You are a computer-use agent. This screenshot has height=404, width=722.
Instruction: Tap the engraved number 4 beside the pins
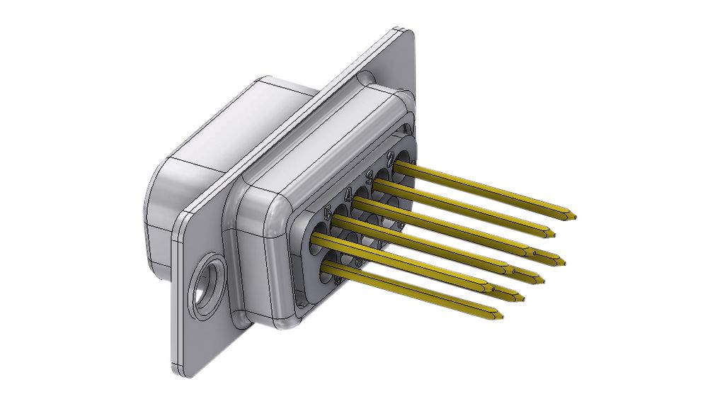tap(348, 193)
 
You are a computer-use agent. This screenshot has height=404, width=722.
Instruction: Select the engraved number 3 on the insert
tap(369, 175)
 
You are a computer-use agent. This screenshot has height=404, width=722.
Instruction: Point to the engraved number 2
tap(391, 157)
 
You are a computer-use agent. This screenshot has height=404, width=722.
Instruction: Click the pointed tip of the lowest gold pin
tap(500, 317)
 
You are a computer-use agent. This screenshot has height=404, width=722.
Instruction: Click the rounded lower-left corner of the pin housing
tap(283, 319)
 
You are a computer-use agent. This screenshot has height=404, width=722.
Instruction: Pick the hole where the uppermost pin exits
tap(401, 165)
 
